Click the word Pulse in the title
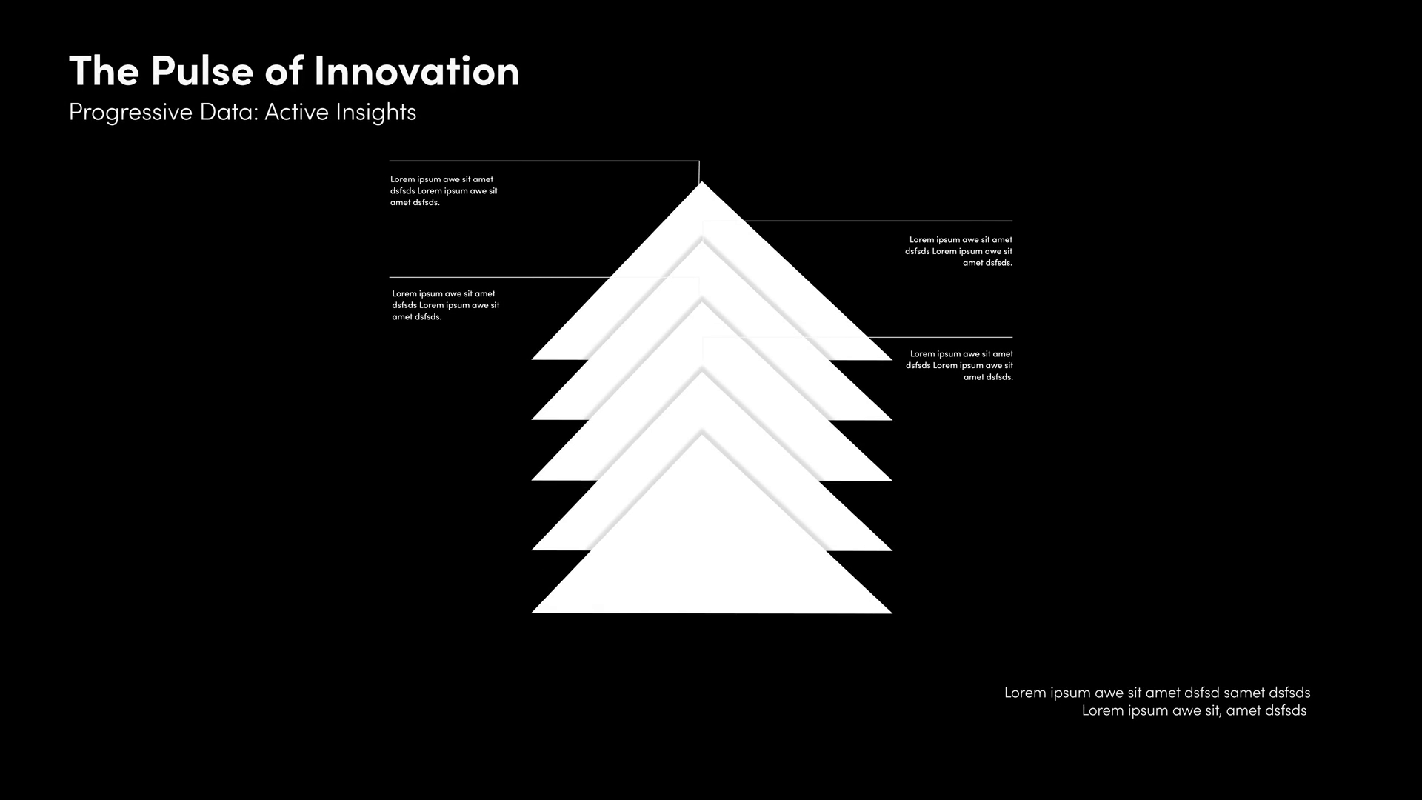click(x=202, y=71)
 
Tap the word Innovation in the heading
click(x=416, y=71)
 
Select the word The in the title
click(x=104, y=71)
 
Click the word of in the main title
click(x=284, y=71)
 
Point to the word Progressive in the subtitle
click(x=130, y=113)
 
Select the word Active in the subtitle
click(x=296, y=112)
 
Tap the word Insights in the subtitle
click(x=376, y=113)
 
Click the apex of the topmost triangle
click(x=701, y=182)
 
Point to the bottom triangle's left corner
click(x=532, y=613)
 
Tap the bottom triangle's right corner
click(x=892, y=613)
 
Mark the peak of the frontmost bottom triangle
click(x=702, y=436)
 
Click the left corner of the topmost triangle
click(x=532, y=359)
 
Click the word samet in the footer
click(x=1244, y=693)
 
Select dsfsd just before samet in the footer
click(x=1201, y=693)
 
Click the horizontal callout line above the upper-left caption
click(x=544, y=161)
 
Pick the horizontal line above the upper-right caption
click(x=878, y=221)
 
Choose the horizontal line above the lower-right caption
click(x=940, y=337)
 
